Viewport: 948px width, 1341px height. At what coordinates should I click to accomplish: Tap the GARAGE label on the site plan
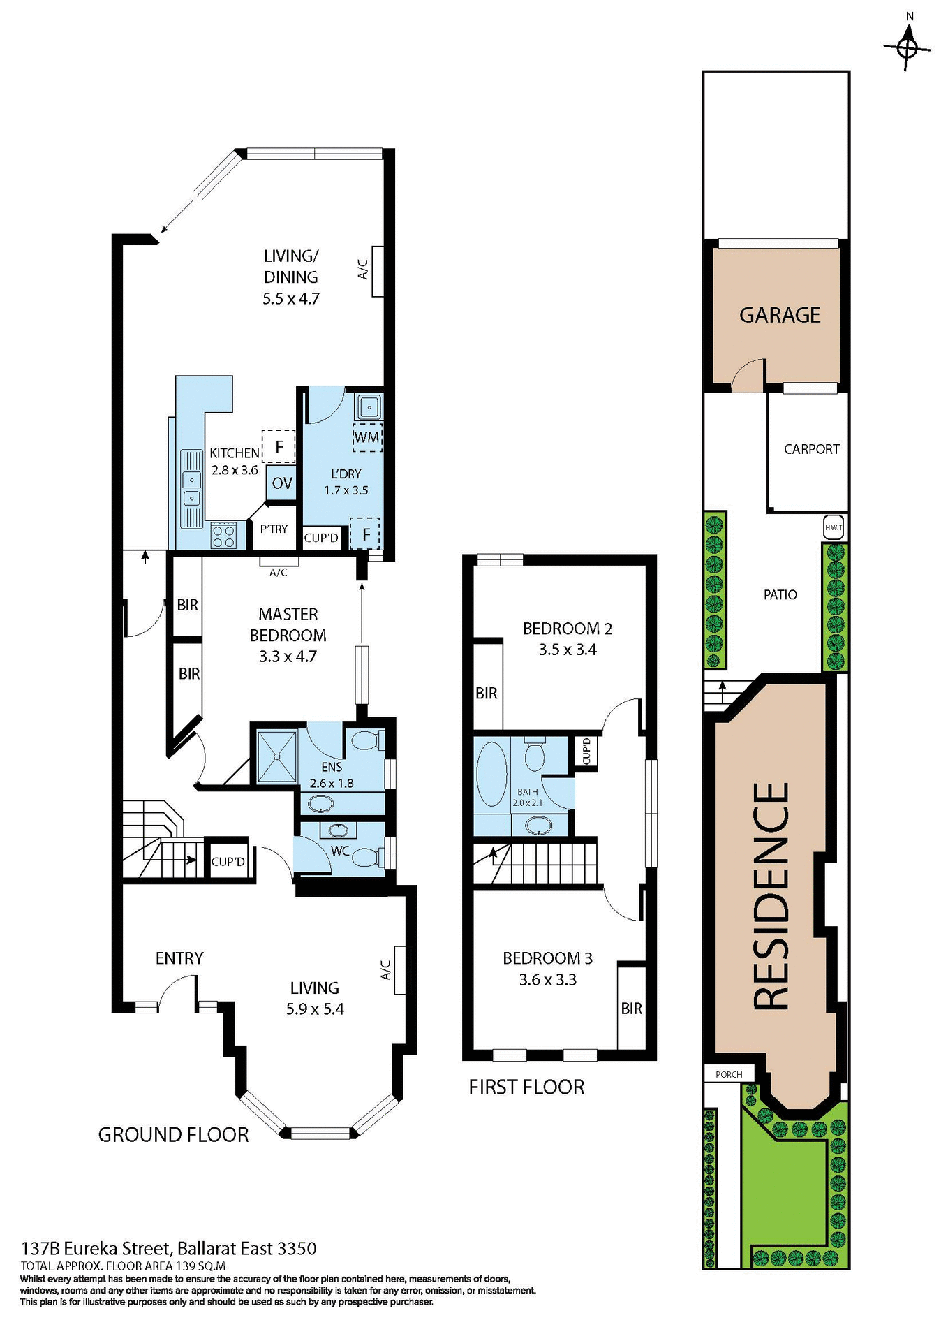(780, 315)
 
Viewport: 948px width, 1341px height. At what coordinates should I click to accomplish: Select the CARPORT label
(811, 449)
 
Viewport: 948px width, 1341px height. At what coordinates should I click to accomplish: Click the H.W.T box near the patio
(834, 528)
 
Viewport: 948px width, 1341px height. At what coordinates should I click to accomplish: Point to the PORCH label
(729, 1074)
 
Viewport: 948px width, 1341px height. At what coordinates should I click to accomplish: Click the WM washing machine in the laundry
(367, 437)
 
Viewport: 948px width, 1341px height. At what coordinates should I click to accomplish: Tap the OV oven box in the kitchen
(282, 483)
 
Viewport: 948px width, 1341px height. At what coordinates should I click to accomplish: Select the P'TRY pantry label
(274, 529)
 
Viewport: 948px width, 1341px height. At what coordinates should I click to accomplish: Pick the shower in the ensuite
(278, 756)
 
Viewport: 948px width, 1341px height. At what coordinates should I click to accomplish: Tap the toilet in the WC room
(366, 856)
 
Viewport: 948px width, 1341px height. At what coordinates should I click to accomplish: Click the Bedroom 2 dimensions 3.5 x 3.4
(567, 650)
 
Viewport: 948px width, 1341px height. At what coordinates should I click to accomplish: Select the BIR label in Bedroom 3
(631, 1008)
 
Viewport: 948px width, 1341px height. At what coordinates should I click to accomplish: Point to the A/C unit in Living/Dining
(378, 271)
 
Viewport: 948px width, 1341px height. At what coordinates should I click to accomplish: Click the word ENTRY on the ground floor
(179, 958)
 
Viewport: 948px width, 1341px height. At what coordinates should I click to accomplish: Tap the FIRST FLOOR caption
(526, 1087)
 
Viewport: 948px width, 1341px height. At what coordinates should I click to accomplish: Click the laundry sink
(369, 406)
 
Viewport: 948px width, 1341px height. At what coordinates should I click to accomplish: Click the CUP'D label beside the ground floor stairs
(228, 862)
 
